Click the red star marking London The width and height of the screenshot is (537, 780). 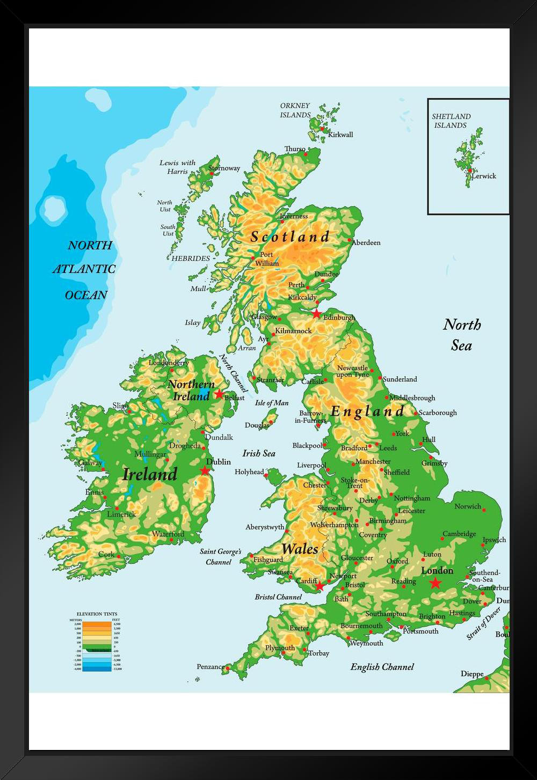pyautogui.click(x=435, y=583)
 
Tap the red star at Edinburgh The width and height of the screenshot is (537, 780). pyautogui.click(x=317, y=313)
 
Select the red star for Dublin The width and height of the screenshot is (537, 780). pyautogui.click(x=205, y=471)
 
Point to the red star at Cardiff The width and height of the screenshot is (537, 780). pyautogui.click(x=320, y=586)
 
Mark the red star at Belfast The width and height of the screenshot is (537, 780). pyautogui.click(x=219, y=394)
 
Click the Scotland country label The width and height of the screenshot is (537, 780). pyautogui.click(x=290, y=237)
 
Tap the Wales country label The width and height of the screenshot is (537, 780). pyautogui.click(x=300, y=549)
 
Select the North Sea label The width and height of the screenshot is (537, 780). pyautogui.click(x=462, y=335)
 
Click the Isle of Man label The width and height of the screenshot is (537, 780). pyautogui.click(x=272, y=403)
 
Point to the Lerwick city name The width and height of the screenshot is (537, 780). pyautogui.click(x=484, y=176)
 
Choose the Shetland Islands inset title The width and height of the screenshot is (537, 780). pyautogui.click(x=451, y=121)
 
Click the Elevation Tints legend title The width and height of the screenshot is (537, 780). pyautogui.click(x=97, y=614)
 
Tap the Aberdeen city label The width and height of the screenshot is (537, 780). pyautogui.click(x=366, y=242)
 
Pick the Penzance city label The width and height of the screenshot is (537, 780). pyautogui.click(x=211, y=667)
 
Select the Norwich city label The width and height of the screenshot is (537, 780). pyautogui.click(x=468, y=506)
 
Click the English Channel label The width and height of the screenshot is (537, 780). pyautogui.click(x=382, y=667)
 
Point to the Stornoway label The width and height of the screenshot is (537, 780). pyautogui.click(x=224, y=168)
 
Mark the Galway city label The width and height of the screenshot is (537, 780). pyautogui.click(x=90, y=462)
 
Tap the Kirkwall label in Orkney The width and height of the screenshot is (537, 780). pyautogui.click(x=340, y=135)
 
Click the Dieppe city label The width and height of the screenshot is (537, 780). pyautogui.click(x=472, y=674)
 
